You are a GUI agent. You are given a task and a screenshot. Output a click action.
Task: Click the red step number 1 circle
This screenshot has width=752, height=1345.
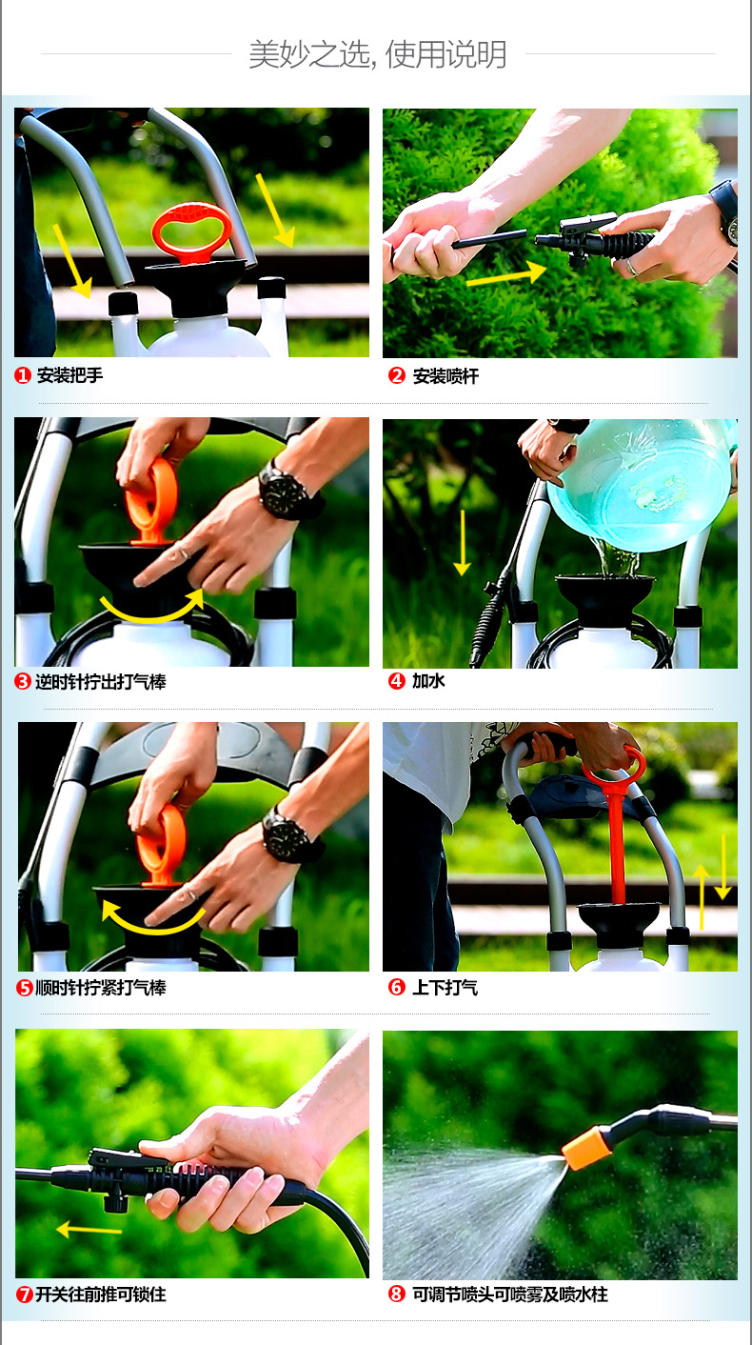pos(23,376)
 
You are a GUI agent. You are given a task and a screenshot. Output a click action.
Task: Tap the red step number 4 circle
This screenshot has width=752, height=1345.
pos(397,681)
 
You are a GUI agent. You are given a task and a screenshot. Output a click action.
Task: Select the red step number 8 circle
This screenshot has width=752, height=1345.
pos(397,1294)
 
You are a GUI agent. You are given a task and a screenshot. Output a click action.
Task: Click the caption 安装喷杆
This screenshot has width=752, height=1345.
pos(445,376)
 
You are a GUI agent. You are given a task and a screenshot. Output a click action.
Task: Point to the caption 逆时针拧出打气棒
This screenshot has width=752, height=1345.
pos(101,682)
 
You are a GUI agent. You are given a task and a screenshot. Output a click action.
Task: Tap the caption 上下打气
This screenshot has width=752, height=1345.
pos(445,987)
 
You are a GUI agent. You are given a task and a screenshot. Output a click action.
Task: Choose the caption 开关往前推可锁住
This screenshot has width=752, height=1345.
pos(101,1294)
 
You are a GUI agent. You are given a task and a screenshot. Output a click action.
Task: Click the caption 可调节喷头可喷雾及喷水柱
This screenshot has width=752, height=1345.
pos(510,1294)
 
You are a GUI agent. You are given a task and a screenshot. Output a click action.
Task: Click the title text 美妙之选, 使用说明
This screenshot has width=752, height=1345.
pos(378,54)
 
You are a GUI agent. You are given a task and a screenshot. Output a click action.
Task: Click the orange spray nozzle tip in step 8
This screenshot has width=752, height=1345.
pos(585,1148)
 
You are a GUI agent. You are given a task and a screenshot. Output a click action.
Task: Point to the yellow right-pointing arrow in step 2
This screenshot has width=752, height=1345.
pos(506,275)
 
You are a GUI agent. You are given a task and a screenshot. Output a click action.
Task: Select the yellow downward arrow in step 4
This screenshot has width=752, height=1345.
pos(462,543)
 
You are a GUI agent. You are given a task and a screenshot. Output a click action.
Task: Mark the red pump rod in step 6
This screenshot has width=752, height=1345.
pos(617,840)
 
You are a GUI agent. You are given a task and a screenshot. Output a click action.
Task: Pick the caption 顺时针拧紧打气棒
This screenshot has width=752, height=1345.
pos(101,988)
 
